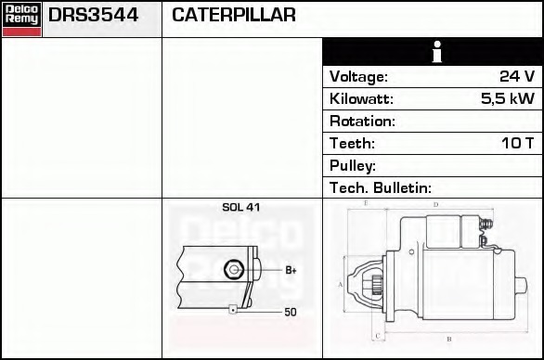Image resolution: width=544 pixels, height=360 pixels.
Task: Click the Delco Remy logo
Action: tap(21, 19)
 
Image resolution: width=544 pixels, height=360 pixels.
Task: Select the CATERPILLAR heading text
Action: tap(234, 16)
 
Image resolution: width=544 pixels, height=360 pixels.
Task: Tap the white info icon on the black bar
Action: tap(433, 52)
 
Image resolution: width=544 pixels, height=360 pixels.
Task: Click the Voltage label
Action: tap(358, 77)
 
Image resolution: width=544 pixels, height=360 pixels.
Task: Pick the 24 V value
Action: tap(516, 77)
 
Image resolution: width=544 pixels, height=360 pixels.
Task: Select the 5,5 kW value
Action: tap(507, 99)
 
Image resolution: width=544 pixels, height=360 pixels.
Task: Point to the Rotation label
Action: tap(362, 122)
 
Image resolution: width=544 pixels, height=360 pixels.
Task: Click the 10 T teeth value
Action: tap(516, 144)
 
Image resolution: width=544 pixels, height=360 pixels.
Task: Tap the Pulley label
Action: tap(352, 166)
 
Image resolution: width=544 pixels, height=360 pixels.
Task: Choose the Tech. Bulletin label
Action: tap(380, 188)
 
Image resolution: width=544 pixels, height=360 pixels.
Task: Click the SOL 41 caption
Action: tap(240, 208)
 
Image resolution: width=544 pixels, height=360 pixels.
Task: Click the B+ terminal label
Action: tap(291, 270)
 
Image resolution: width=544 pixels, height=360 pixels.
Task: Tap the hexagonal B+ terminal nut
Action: tap(235, 269)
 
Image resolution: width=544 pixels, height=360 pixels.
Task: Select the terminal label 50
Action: tap(291, 313)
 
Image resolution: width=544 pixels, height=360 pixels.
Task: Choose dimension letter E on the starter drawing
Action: tap(367, 202)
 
